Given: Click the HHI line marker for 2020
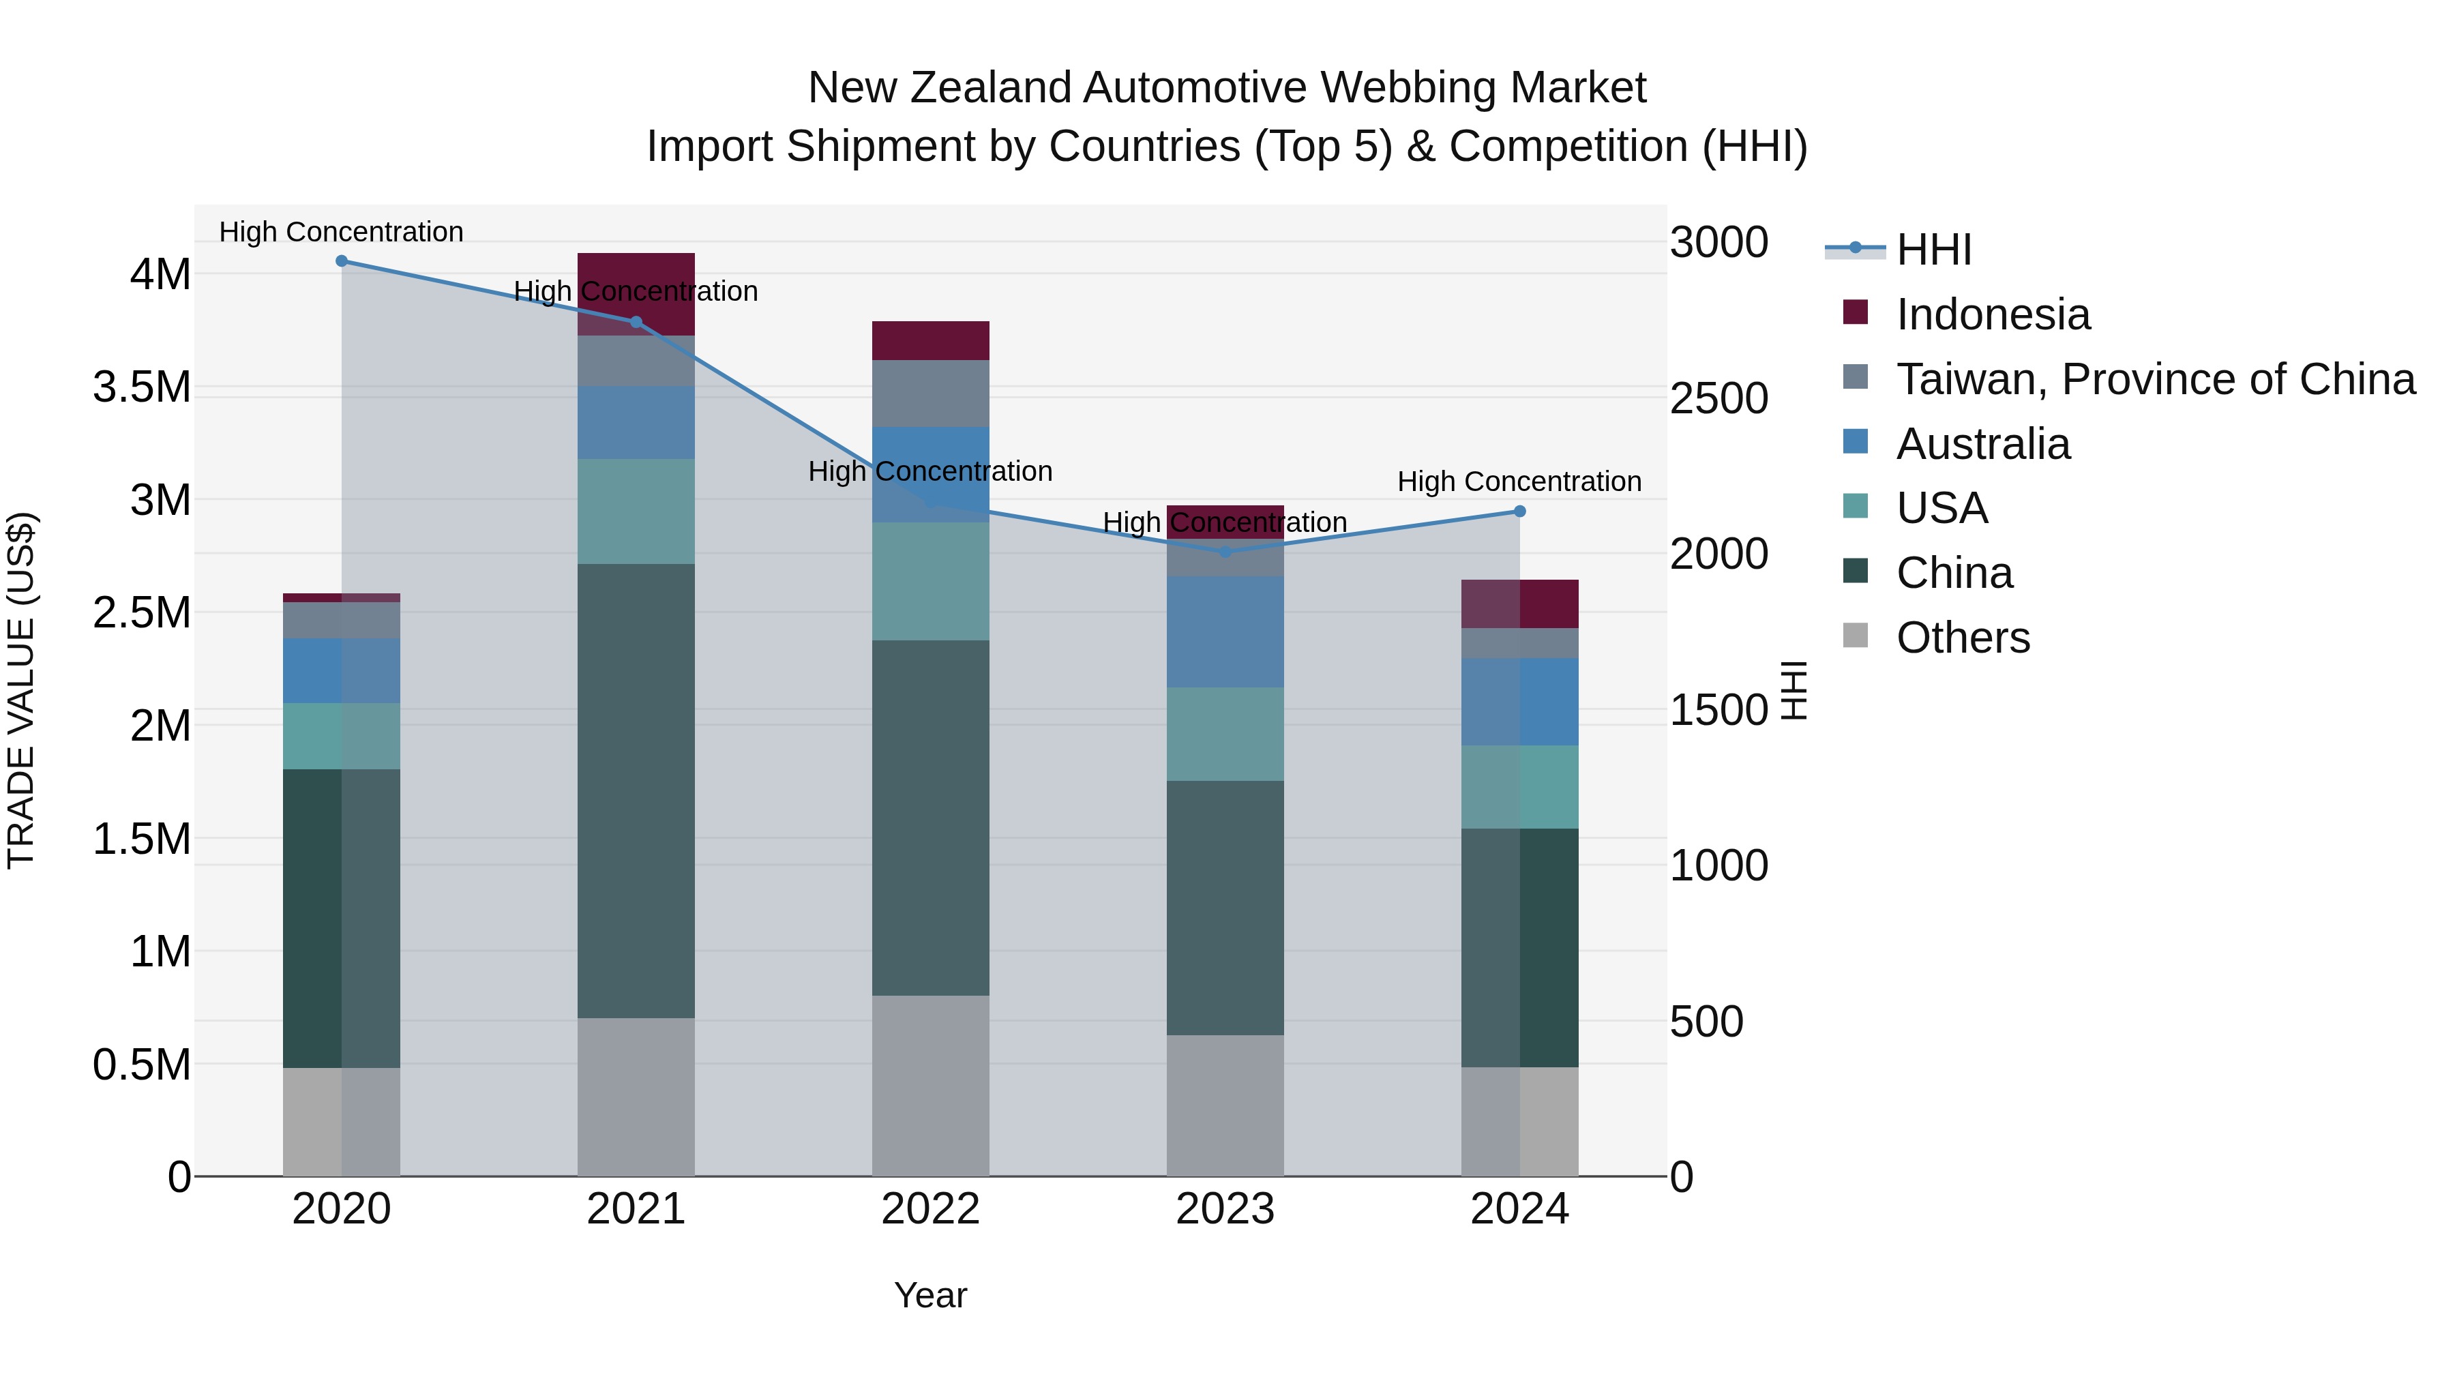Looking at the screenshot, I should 341,261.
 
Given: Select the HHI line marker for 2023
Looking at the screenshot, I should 1225,552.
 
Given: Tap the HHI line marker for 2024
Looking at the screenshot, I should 1520,511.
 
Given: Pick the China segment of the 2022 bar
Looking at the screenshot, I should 930,818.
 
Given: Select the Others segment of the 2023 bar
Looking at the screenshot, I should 1225,1105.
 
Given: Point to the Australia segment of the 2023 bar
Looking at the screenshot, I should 1225,632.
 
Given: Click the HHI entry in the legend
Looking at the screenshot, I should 1934,250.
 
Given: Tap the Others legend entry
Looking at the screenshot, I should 1963,638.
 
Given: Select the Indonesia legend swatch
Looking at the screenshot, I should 1856,312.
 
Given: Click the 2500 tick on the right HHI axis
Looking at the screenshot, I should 1719,398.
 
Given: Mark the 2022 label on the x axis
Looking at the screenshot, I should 930,1209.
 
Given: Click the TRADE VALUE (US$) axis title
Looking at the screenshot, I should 21,690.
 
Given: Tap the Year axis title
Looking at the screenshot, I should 930,1295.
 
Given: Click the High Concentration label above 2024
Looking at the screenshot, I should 1519,481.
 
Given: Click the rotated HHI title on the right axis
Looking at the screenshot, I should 1794,690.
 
